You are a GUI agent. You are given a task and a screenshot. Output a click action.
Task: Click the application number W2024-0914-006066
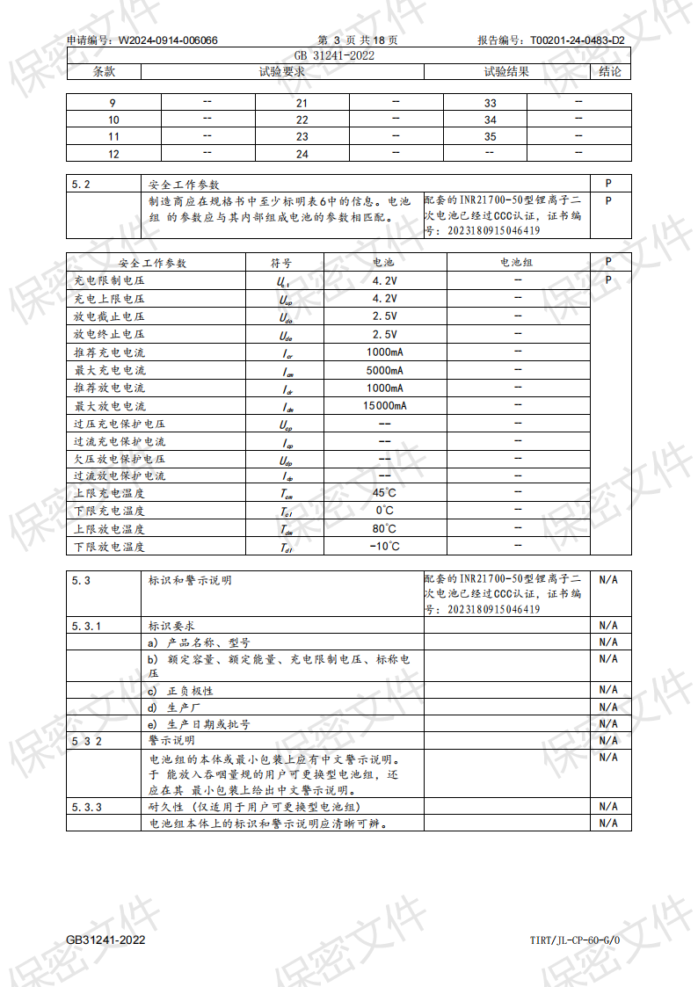coord(168,40)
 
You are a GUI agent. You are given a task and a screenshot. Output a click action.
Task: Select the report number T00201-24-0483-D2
coord(577,40)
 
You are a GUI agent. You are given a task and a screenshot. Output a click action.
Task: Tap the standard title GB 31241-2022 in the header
coord(349,55)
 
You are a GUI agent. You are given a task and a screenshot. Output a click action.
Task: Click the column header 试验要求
coord(282,71)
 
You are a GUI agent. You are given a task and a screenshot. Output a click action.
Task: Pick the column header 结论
coord(610,71)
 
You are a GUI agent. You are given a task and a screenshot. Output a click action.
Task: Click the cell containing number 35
coord(490,137)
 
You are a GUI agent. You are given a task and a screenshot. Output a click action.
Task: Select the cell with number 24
coord(302,155)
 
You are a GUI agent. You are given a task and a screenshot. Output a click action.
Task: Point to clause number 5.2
coord(82,185)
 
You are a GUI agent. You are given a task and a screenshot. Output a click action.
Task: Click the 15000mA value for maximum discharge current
coord(384,406)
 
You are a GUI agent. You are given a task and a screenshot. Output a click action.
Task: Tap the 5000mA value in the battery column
coord(384,370)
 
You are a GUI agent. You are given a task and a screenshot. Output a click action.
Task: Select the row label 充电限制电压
coord(110,280)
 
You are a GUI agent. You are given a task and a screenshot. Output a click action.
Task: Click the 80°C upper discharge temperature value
coord(384,529)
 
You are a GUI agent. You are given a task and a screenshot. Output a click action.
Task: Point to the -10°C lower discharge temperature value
coord(384,547)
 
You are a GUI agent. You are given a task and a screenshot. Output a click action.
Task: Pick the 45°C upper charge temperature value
coord(384,493)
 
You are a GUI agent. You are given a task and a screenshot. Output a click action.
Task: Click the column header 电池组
coord(517,263)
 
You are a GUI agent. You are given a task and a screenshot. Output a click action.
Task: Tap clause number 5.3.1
coord(86,626)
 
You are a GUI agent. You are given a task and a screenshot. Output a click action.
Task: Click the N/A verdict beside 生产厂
coord(608,708)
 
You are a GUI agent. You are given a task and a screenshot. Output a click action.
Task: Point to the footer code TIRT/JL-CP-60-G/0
coord(575,940)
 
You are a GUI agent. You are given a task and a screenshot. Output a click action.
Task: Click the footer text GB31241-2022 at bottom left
coord(105,940)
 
